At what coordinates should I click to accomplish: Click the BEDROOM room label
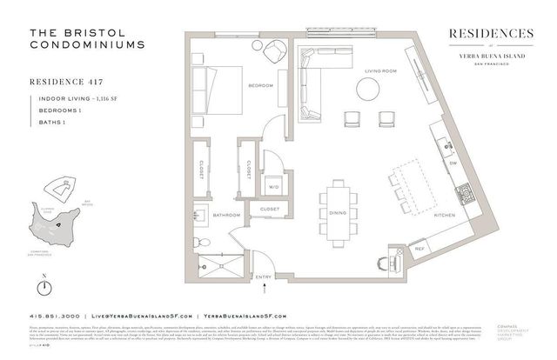point(260,86)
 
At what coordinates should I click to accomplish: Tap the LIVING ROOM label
point(380,72)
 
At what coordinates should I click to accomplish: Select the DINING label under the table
point(338,213)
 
